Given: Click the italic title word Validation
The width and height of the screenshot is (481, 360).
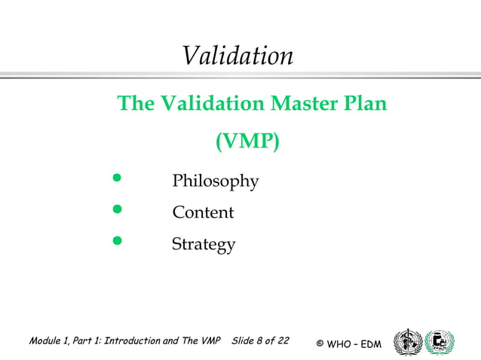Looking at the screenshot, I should (x=237, y=56).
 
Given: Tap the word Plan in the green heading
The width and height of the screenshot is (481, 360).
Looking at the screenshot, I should (x=365, y=103).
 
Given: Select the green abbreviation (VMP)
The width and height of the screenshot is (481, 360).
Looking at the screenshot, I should (x=247, y=141).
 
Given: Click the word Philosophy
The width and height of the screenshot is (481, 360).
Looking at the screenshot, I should (x=216, y=182).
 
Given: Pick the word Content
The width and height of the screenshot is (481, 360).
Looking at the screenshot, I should (x=203, y=213).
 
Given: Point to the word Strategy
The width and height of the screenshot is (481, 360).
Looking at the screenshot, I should (x=204, y=245).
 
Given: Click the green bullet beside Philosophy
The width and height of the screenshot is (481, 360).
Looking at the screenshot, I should (x=116, y=179).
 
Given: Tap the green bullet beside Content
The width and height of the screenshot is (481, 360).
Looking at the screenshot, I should (x=116, y=209).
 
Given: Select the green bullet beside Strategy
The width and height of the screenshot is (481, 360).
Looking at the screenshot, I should (x=116, y=241).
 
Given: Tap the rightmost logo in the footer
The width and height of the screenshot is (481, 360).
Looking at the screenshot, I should (x=440, y=342).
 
